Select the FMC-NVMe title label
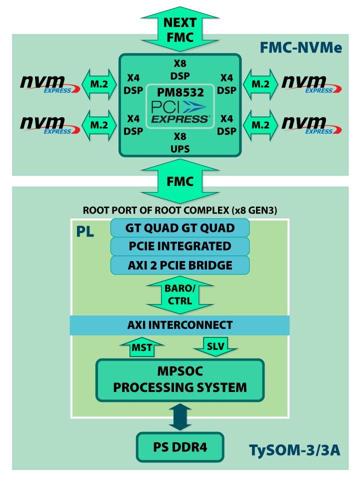point(301,48)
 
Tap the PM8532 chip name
point(180,92)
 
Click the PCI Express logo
point(180,112)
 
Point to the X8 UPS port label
point(180,142)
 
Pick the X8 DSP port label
point(180,70)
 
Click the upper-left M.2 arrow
point(99,84)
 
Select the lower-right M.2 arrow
point(260,125)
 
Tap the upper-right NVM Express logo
point(311,84)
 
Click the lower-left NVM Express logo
point(50,125)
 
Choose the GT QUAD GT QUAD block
point(180,228)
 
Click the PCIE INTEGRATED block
point(180,246)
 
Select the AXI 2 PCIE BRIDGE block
point(180,265)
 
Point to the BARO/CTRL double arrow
point(180,295)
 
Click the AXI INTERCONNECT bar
point(180,325)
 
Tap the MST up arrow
point(142,347)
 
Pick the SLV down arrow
point(215,346)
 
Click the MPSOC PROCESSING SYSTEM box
point(180,380)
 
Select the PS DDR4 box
point(180,447)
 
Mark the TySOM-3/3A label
point(294,450)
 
